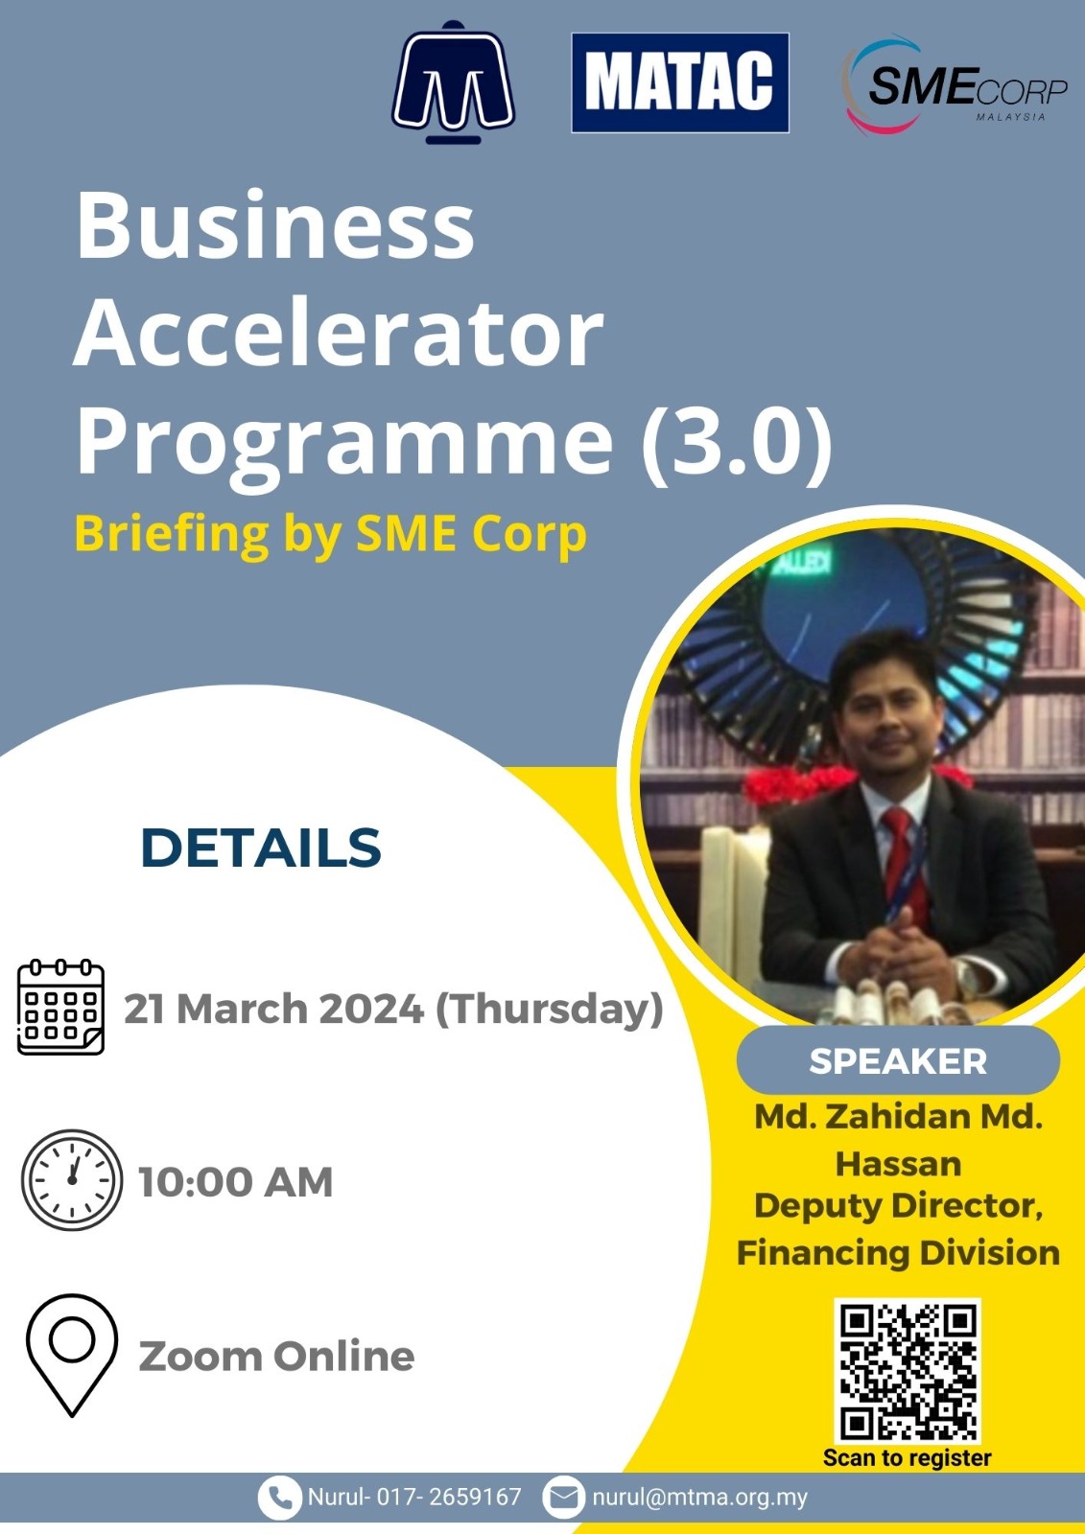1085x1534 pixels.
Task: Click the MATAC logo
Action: [680, 82]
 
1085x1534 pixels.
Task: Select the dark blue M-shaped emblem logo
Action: [454, 82]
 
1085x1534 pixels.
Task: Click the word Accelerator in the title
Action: [339, 335]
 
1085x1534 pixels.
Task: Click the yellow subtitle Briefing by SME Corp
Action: [330, 533]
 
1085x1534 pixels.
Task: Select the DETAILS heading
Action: [260, 848]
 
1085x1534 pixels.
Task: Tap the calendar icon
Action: [60, 1007]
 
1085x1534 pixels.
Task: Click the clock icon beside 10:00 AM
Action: [72, 1180]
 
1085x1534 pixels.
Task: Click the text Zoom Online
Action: [276, 1357]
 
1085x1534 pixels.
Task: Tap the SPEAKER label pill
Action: [898, 1060]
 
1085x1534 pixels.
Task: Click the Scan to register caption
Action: [907, 1458]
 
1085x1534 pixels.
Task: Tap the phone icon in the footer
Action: [280, 1497]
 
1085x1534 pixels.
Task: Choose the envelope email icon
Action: [563, 1497]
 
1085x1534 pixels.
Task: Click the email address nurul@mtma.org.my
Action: [699, 1497]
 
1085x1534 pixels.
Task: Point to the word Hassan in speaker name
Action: [898, 1164]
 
